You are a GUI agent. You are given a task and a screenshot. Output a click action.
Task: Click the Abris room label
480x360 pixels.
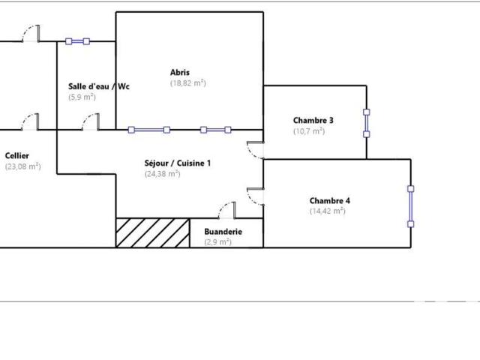[180, 73]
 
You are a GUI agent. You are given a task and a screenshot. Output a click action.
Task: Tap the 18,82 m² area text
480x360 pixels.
[188, 83]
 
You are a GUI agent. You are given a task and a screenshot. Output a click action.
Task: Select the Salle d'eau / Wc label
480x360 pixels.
[99, 86]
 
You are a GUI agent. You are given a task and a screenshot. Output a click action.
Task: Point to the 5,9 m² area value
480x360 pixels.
[82, 97]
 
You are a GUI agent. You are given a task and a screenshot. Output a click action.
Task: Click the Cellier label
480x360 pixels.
[17, 156]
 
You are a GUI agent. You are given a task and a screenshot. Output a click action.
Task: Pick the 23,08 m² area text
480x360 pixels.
[23, 166]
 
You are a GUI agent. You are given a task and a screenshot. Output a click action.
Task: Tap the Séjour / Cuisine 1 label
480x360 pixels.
[178, 163]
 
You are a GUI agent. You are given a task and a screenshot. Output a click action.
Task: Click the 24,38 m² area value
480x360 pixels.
[162, 174]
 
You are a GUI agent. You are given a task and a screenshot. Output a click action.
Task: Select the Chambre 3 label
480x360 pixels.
[313, 120]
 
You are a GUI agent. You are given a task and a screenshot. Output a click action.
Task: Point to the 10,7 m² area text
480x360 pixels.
[309, 131]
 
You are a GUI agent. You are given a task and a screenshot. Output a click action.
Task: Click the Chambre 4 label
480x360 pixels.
[330, 201]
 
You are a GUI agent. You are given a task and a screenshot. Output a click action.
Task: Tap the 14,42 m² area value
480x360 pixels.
[327, 211]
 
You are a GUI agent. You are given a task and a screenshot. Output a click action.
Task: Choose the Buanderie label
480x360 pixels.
[223, 232]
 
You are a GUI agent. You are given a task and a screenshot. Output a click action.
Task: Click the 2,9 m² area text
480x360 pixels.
[217, 242]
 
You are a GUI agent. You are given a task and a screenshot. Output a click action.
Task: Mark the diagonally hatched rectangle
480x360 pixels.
[153, 232]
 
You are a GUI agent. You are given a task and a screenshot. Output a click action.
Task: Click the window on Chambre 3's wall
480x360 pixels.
[367, 123]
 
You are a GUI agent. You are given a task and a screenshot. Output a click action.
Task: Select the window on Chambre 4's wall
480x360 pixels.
[411, 206]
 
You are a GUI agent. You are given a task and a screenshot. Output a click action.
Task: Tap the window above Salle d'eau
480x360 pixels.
[78, 41]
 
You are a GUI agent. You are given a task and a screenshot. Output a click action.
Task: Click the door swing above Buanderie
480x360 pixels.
[227, 210]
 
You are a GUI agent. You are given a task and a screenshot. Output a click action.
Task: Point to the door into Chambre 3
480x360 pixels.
[255, 151]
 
